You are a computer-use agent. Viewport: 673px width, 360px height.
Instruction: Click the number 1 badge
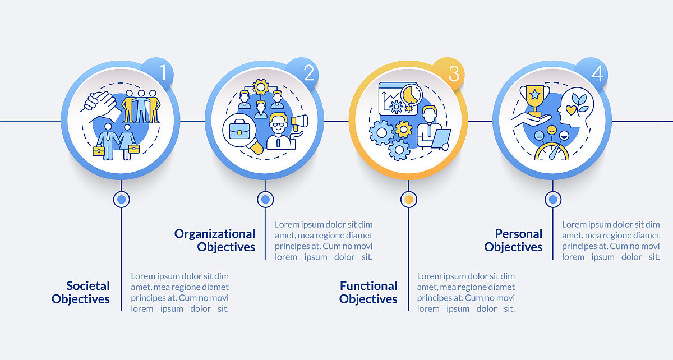coord(158,73)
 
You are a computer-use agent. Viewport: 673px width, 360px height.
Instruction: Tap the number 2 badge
coord(303,73)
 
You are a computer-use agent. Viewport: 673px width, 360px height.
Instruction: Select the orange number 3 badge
coord(449,73)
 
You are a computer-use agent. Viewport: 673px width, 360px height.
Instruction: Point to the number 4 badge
coord(592,73)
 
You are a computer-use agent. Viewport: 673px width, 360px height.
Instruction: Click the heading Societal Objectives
coord(81,292)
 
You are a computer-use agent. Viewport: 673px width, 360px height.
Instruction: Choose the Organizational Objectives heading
coord(214,240)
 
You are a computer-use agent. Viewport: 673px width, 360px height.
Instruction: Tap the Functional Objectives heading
coord(368,292)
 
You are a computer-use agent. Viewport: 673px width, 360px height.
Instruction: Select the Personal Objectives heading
coord(514,240)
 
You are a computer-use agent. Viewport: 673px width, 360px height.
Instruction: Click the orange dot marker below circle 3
coord(409,199)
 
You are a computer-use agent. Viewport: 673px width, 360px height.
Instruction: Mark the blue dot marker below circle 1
coord(121,199)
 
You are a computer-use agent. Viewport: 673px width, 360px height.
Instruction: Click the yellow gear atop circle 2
coord(260,87)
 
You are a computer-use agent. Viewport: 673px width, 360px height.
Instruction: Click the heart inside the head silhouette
coord(571,110)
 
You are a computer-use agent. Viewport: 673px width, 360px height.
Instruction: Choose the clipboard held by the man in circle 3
coord(441,139)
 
